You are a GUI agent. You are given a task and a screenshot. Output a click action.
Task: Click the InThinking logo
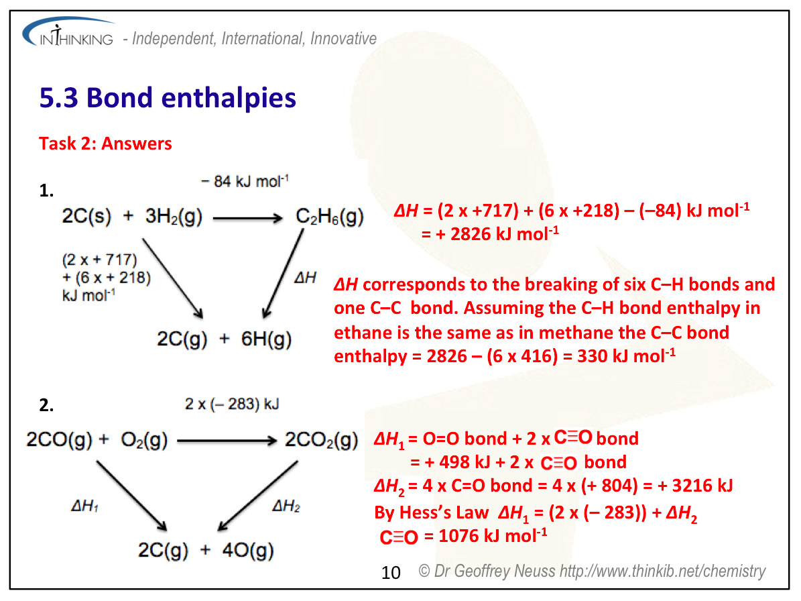68,32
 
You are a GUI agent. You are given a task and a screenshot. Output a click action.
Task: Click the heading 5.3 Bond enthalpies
168,98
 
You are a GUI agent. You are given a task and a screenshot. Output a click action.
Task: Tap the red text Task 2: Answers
105,144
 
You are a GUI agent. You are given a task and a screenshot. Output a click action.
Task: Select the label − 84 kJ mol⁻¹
245,181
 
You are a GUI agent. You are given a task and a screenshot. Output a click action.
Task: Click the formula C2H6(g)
330,217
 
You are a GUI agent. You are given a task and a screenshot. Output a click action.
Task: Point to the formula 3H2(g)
174,217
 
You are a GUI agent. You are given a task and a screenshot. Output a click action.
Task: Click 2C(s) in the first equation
86,216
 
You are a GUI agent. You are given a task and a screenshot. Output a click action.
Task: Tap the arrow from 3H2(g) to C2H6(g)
248,219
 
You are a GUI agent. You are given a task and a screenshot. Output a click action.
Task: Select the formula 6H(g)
266,339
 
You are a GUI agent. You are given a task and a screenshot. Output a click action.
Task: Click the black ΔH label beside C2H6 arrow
306,278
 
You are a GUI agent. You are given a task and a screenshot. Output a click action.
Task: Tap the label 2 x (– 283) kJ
232,404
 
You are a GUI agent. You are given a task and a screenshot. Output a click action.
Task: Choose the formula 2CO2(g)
321,439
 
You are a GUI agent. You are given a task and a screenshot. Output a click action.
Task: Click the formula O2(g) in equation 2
144,439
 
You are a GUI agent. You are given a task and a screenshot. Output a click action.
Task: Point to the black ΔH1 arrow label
85,506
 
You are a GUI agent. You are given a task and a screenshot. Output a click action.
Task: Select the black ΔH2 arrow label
286,506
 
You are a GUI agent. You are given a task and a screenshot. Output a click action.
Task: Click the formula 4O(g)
248,551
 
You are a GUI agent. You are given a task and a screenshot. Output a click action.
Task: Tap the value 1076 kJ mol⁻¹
493,535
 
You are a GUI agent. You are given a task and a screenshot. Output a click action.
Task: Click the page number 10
391,572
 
